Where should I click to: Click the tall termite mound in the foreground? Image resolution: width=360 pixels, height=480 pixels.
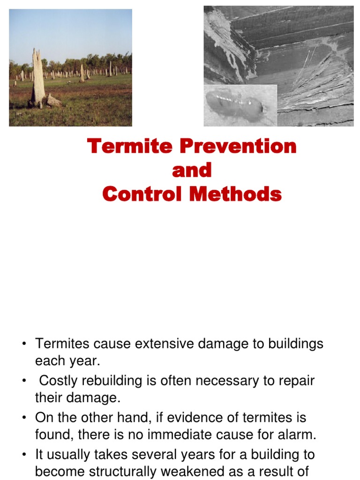[38, 77]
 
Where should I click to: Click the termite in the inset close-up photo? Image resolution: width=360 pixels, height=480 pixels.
[234, 105]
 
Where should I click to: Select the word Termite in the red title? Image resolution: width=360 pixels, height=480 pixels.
[127, 147]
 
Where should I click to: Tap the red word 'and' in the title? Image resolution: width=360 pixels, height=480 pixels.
[192, 171]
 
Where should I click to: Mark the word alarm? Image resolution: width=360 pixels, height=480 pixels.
[298, 435]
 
